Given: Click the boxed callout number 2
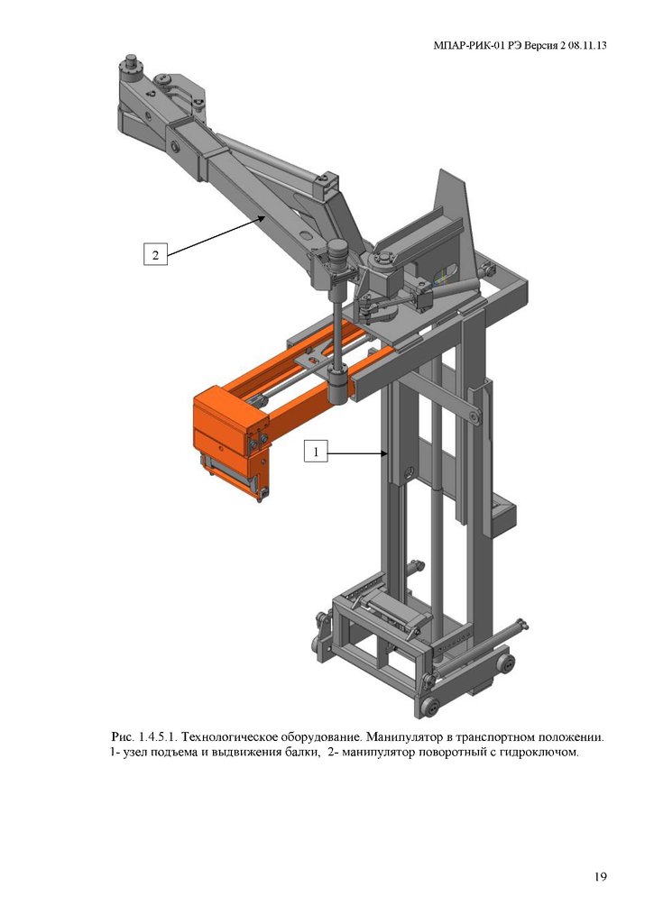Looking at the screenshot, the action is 155,255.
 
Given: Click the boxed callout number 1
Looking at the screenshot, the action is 316,452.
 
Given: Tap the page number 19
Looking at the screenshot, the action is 600,877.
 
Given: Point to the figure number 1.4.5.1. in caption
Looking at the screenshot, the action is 158,736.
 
